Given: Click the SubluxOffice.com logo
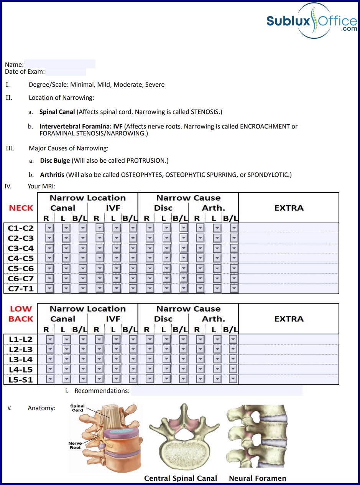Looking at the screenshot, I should point(311,21).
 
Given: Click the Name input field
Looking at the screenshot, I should point(59,64).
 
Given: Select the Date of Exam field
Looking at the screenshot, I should point(65,72).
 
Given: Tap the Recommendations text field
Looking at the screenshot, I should point(217,391).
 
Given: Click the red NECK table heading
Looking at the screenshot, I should point(21,208).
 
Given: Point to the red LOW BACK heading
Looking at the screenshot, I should point(21,314).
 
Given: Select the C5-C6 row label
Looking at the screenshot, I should point(21,269).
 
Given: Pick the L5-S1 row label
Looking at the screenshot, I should point(21,380).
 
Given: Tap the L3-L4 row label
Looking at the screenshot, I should point(21,360).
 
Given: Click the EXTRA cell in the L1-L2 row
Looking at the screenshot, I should point(289,339).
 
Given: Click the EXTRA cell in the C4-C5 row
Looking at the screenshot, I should point(289,258).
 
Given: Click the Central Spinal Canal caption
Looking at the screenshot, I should point(181,478).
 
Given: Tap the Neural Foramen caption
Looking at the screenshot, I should point(258,478).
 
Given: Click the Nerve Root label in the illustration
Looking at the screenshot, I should point(75,445).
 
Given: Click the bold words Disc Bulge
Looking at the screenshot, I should point(55,160).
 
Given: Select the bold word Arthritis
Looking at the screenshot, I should point(52,175).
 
